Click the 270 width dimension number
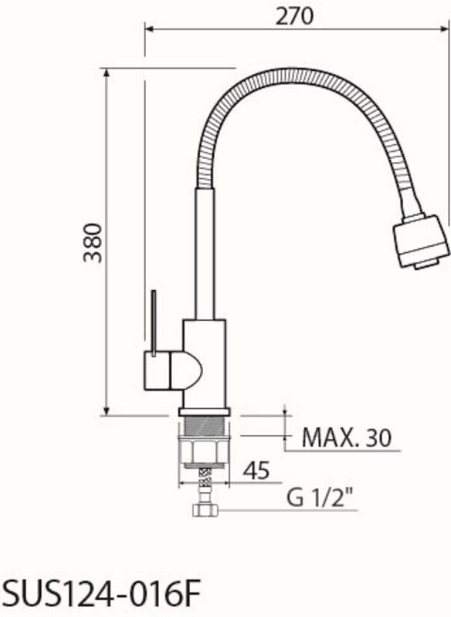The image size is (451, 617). coord(294,16)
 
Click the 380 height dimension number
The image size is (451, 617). coord(93,243)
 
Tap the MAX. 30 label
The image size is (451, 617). coord(347,437)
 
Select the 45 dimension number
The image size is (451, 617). coord(256,470)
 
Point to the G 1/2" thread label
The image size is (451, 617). coord(319,498)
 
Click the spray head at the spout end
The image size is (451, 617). coord(421,241)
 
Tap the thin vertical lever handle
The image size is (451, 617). coord(154,322)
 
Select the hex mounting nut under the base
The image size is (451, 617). coord(203,451)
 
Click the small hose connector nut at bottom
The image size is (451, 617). coord(205,511)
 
